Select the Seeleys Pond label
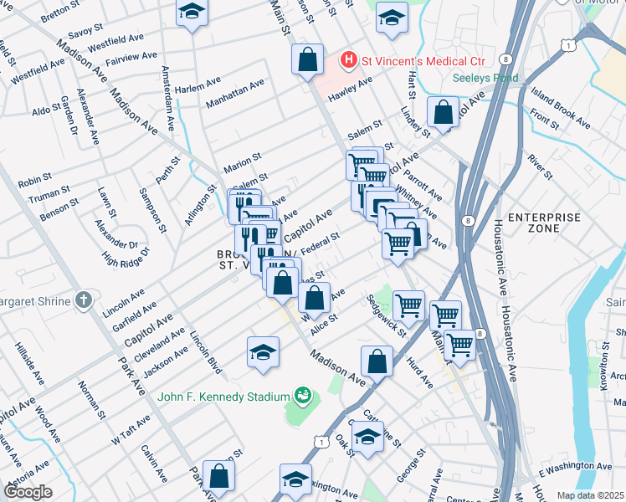tap(485, 78)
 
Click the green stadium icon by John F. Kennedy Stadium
tap(303, 394)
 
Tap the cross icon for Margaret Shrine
tap(83, 300)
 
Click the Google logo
tap(28, 492)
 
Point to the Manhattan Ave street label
tap(235, 95)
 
